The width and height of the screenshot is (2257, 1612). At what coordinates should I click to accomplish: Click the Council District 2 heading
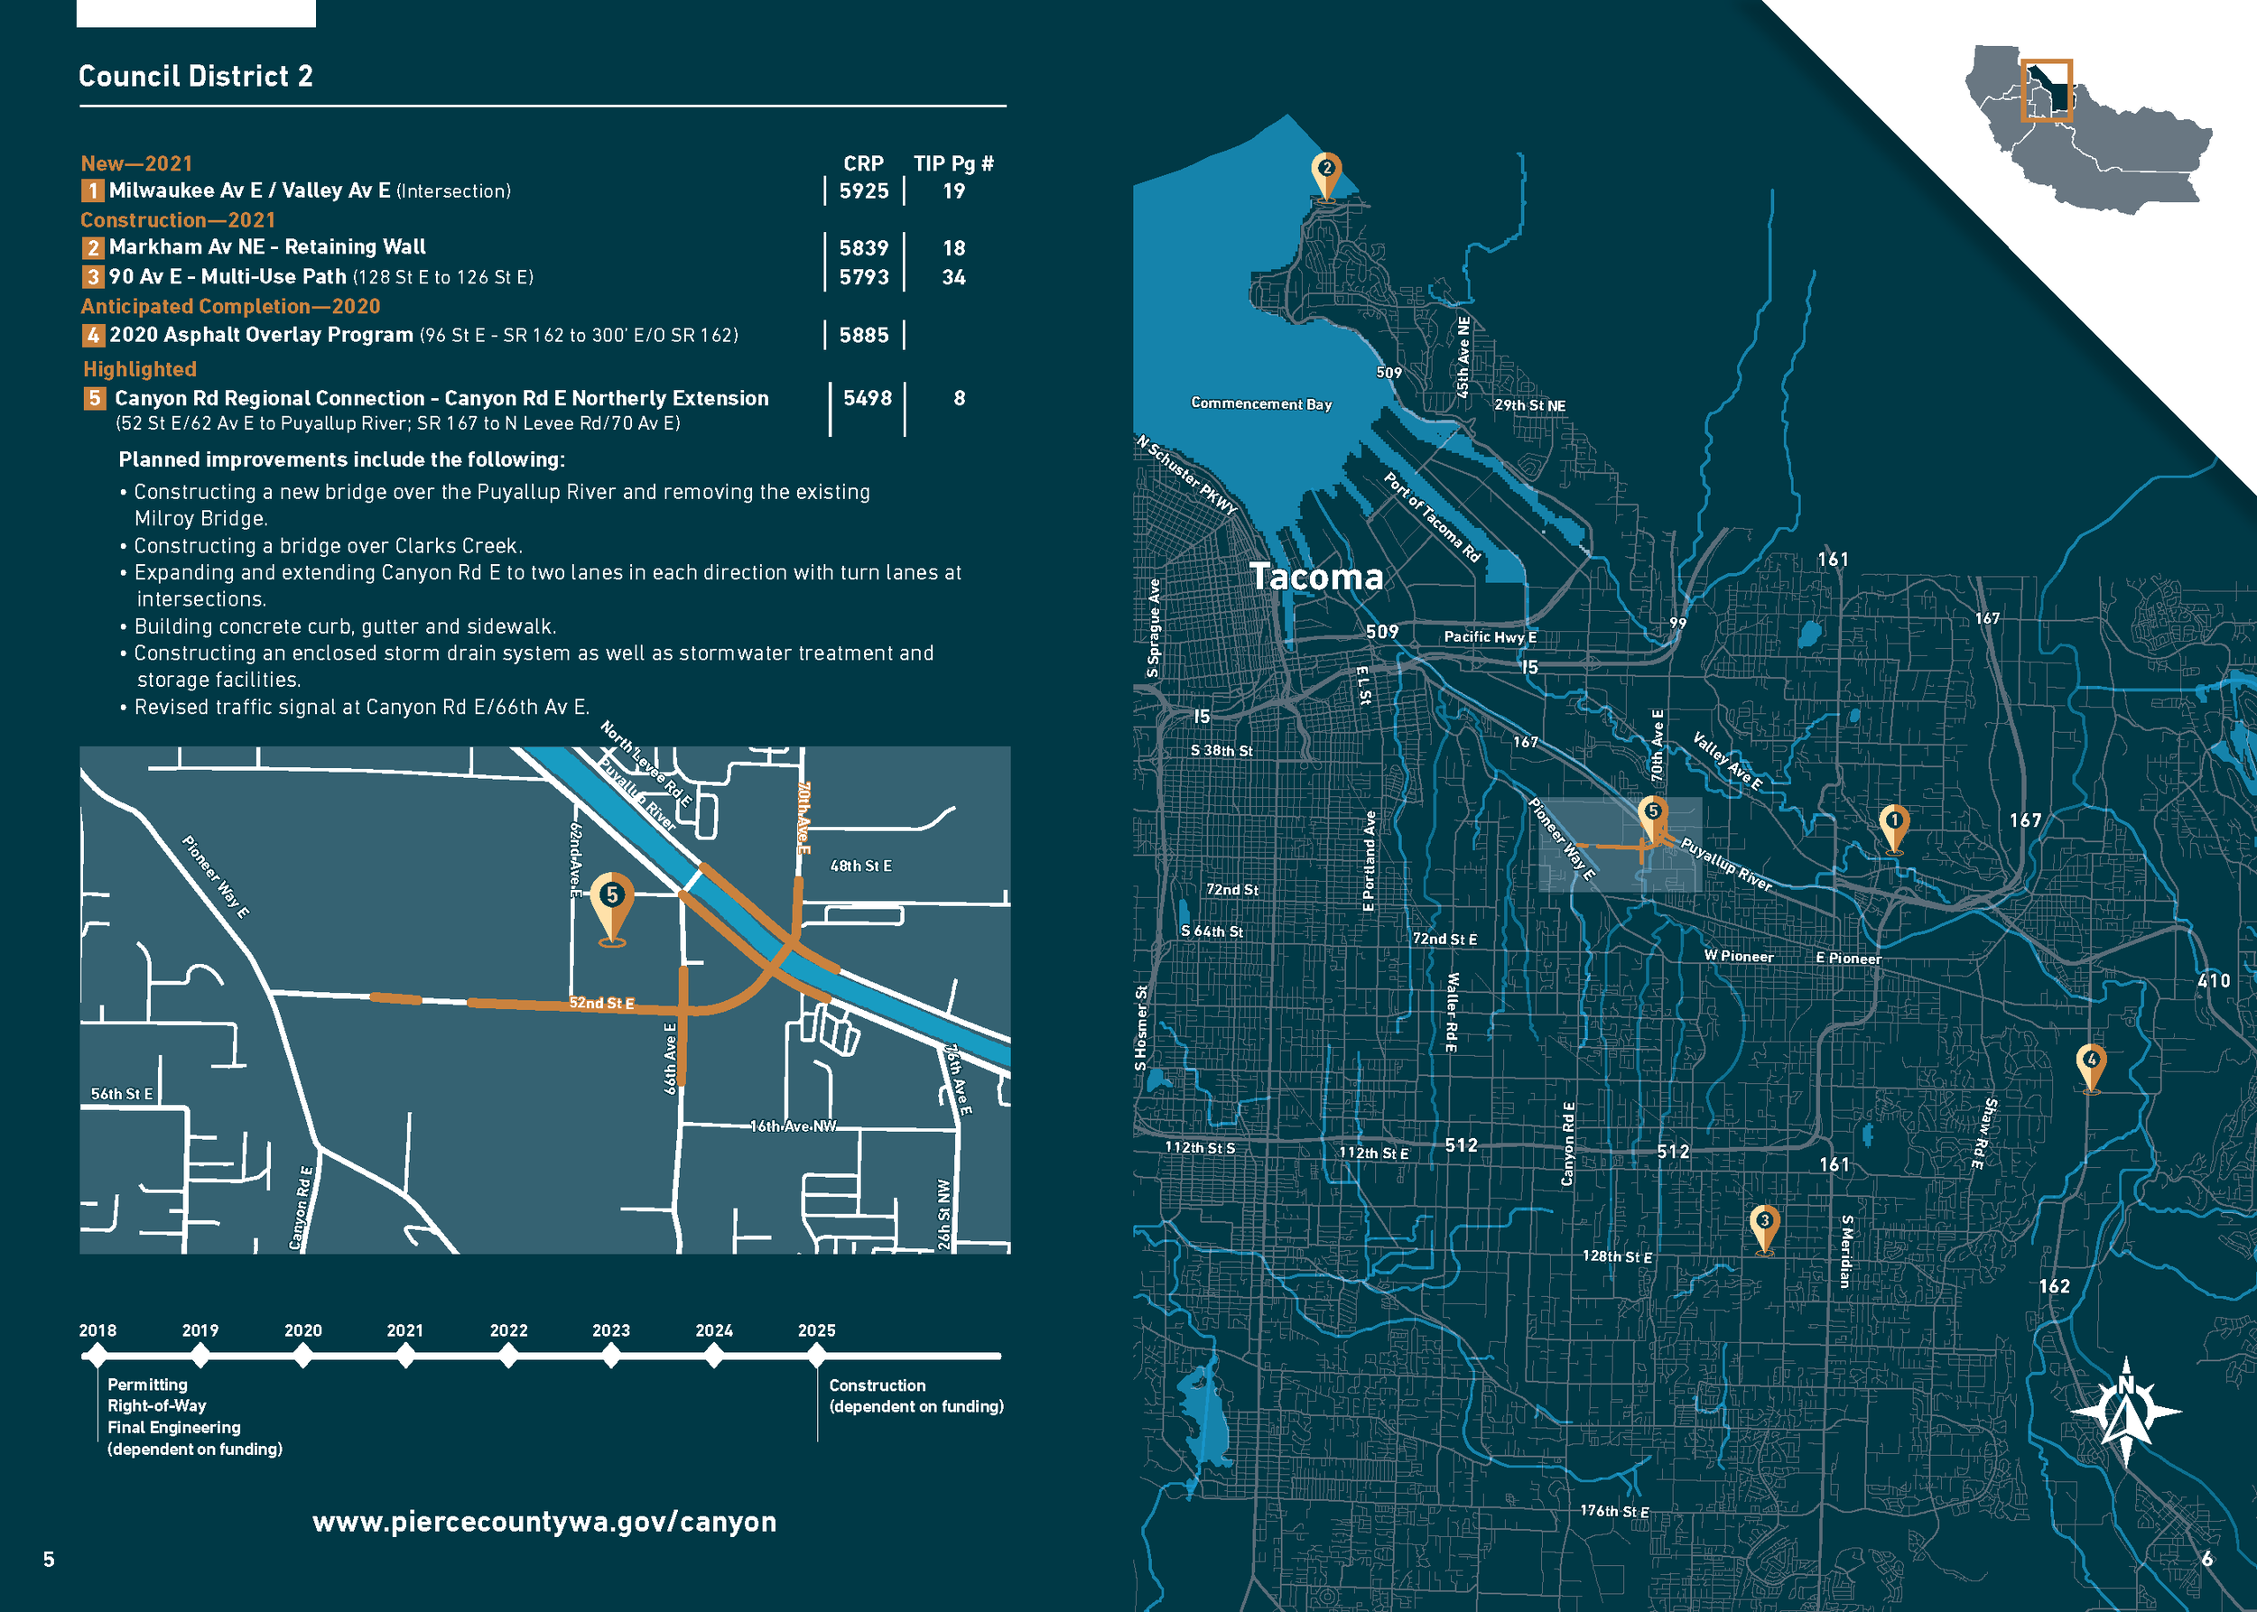tap(196, 77)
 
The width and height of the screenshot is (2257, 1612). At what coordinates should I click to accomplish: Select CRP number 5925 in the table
tap(864, 190)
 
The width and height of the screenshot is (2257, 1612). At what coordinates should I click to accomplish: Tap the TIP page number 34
tap(953, 277)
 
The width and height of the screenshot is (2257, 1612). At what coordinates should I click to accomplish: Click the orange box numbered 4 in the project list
tap(93, 336)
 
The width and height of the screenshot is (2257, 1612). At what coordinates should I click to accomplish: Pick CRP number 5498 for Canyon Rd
tap(867, 398)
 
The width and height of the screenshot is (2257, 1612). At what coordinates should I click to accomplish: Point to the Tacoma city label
tap(1315, 577)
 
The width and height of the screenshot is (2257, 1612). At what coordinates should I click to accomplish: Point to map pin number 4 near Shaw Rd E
tap(2091, 1064)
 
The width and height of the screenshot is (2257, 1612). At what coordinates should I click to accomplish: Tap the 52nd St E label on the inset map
tap(602, 1003)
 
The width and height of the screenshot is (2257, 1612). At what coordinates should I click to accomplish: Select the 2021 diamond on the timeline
tap(405, 1355)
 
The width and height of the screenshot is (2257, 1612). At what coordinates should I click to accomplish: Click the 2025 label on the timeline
tap(816, 1330)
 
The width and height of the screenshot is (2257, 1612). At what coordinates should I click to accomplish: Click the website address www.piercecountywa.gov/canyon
tap(544, 1522)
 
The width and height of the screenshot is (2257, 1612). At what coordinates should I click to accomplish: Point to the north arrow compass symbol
tap(2126, 1410)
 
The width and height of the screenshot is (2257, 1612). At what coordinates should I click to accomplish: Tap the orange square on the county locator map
tap(2047, 90)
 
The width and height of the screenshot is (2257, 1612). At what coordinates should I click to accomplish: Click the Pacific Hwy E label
tap(1490, 636)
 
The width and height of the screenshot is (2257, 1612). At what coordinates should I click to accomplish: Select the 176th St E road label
tap(1613, 1511)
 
